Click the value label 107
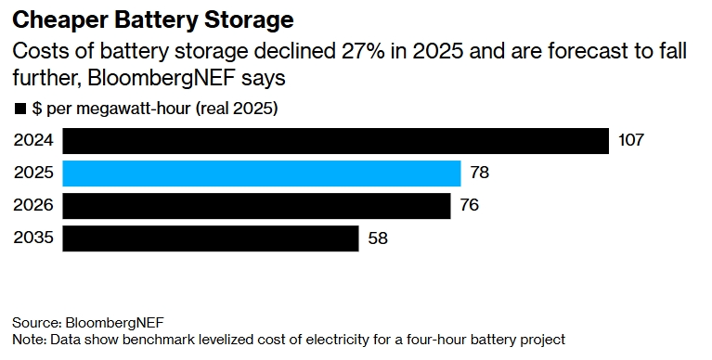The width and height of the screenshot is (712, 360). coord(630,141)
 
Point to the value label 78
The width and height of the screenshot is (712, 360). coord(479,174)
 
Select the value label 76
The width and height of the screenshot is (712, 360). coord(469,205)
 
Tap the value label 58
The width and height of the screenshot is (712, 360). coord(377,238)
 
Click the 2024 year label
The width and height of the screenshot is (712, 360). coord(33,141)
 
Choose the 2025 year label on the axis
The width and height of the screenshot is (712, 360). coord(33,174)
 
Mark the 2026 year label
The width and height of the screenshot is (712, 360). coord(33,205)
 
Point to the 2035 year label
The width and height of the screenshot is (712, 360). coord(33,238)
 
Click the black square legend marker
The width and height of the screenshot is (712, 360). coord(19,109)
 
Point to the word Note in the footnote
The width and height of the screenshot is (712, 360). coord(27,339)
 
